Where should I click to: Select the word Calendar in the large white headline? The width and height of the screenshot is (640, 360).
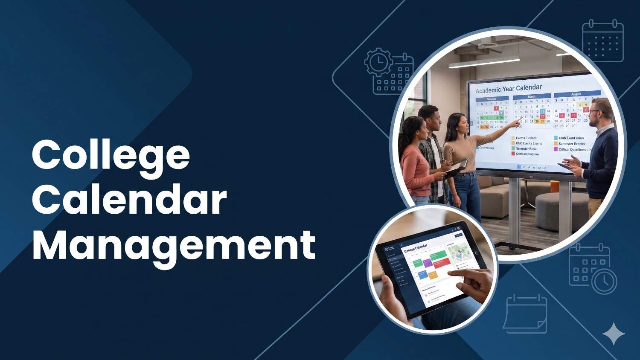click(x=129, y=200)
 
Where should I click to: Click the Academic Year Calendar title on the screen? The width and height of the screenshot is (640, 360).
click(x=509, y=89)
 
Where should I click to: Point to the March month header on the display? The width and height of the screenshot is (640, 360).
click(x=532, y=97)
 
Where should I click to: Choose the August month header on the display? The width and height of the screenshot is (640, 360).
click(x=576, y=94)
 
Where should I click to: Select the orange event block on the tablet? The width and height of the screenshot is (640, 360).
click(x=433, y=275)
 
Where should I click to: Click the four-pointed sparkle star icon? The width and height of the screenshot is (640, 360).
click(x=614, y=334)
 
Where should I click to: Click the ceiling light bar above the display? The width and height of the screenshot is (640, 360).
click(x=484, y=62)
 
